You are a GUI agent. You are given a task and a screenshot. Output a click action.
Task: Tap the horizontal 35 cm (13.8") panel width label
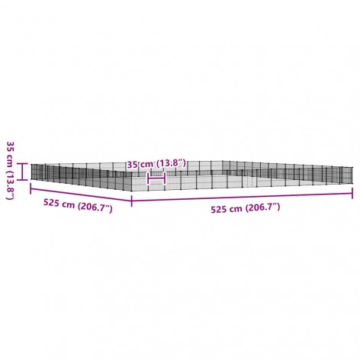point(156,164)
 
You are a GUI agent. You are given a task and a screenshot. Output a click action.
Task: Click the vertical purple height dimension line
point(23,172)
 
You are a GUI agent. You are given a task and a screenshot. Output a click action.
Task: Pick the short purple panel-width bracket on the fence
point(157,178)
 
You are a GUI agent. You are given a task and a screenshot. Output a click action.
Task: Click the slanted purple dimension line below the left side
point(81,194)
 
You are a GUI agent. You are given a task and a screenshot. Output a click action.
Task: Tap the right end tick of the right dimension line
point(352,193)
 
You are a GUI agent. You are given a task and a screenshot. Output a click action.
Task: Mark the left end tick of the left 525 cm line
point(31,188)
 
